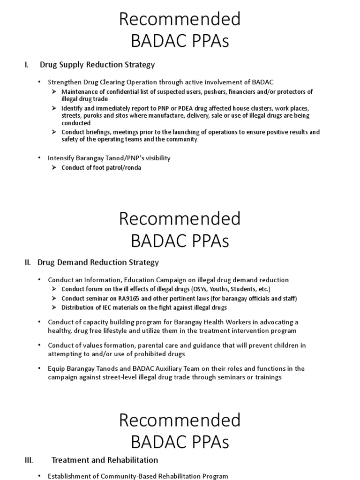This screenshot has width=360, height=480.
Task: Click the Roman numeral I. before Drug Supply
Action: click(27, 64)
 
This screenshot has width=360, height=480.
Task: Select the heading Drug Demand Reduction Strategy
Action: click(98, 262)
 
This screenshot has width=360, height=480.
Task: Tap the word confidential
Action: click(122, 92)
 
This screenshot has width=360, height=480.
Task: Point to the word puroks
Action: click(92, 115)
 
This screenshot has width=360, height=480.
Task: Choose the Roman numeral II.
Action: click(28, 262)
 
